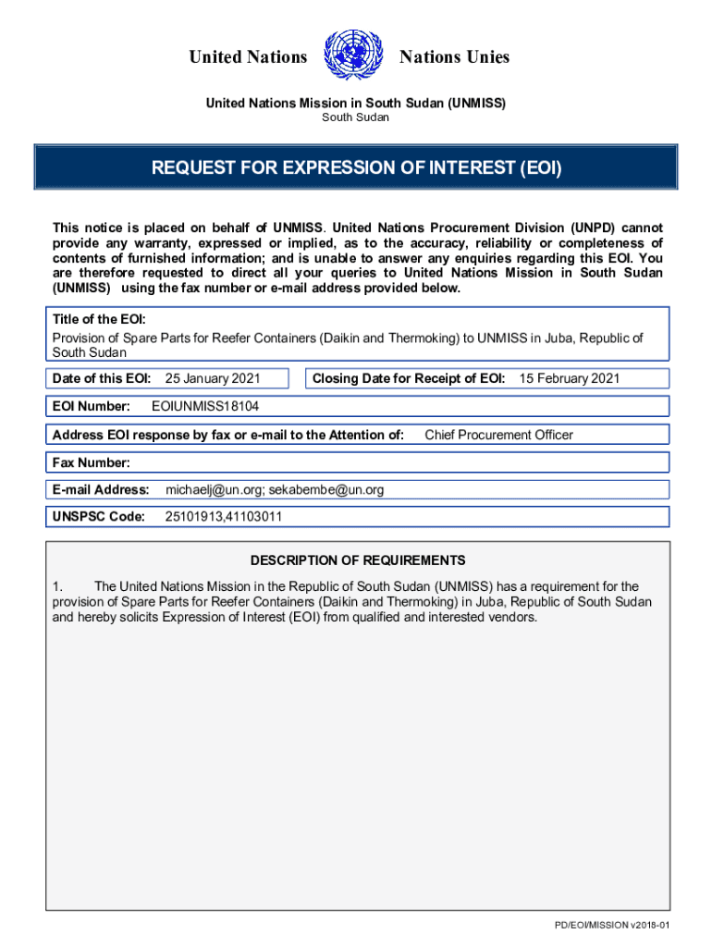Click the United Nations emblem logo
tap(355, 56)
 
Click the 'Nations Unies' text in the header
tap(454, 57)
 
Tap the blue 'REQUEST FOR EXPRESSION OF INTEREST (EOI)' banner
tap(356, 168)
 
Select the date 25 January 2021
tap(212, 378)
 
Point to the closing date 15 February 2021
tap(569, 378)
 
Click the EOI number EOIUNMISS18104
tap(211, 406)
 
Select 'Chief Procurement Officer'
tap(498, 435)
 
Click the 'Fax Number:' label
tap(92, 462)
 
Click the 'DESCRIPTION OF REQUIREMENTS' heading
tap(358, 560)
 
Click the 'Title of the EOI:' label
tap(99, 319)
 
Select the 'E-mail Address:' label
tap(101, 489)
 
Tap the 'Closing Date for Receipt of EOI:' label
tap(409, 378)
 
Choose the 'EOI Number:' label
tap(92, 406)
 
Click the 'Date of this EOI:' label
tap(102, 378)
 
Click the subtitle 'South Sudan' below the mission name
tap(355, 118)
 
